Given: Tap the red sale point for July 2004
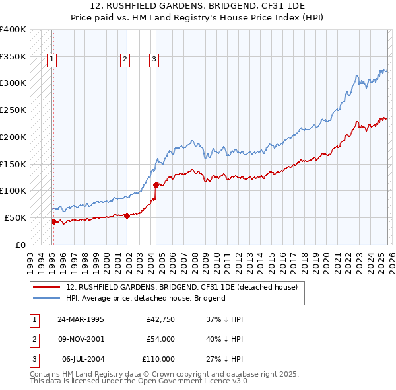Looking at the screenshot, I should click(156, 185).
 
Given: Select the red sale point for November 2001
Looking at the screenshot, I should click(127, 215).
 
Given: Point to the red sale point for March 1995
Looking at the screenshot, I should click(53, 221).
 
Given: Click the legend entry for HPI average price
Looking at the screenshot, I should click(145, 298).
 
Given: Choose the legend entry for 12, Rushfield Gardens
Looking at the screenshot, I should click(181, 287).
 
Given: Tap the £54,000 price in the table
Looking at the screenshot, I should click(160, 339).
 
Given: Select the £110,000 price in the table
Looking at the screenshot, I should click(158, 359).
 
